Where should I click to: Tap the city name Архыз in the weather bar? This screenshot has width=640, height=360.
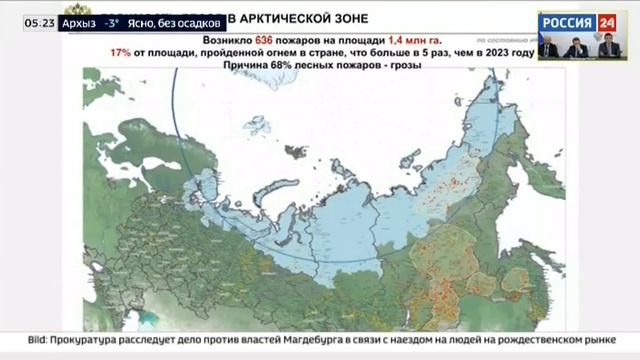pos(79,21)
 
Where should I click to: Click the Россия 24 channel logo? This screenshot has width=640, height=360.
pos(578,21)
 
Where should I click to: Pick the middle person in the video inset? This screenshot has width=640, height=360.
pos(579,47)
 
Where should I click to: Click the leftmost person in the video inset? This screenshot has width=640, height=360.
pos(548,47)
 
